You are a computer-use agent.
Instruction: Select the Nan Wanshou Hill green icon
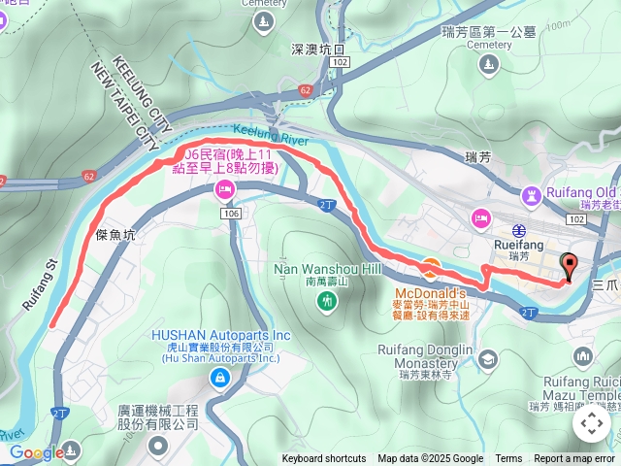coord(328,302)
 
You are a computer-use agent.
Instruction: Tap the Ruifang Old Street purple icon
coord(531,197)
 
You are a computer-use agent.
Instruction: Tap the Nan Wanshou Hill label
coord(330,269)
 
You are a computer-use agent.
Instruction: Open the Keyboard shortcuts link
coord(324,459)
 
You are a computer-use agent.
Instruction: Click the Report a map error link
coord(574,459)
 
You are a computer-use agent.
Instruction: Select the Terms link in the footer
coord(508,459)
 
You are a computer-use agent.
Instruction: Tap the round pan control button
coord(591,423)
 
